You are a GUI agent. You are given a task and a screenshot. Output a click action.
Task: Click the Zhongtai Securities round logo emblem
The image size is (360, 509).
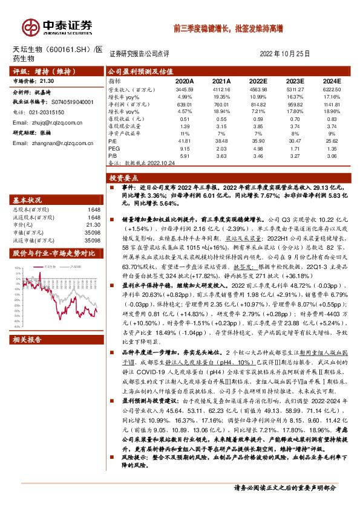30,27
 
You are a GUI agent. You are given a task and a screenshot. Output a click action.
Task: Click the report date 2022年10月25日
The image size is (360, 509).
284,53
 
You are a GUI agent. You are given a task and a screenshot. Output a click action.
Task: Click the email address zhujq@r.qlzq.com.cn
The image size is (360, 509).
57,123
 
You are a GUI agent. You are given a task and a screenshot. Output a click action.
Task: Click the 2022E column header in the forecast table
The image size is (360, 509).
258,80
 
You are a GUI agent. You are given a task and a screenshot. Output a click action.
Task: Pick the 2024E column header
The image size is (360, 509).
332,80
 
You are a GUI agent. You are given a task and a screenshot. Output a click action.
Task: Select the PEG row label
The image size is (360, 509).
114,147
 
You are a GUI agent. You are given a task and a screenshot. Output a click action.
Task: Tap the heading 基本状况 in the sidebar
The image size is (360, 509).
27,199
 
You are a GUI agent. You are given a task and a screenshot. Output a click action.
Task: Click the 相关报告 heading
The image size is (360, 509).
27,306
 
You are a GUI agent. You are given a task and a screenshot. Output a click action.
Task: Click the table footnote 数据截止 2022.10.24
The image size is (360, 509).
139,162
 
